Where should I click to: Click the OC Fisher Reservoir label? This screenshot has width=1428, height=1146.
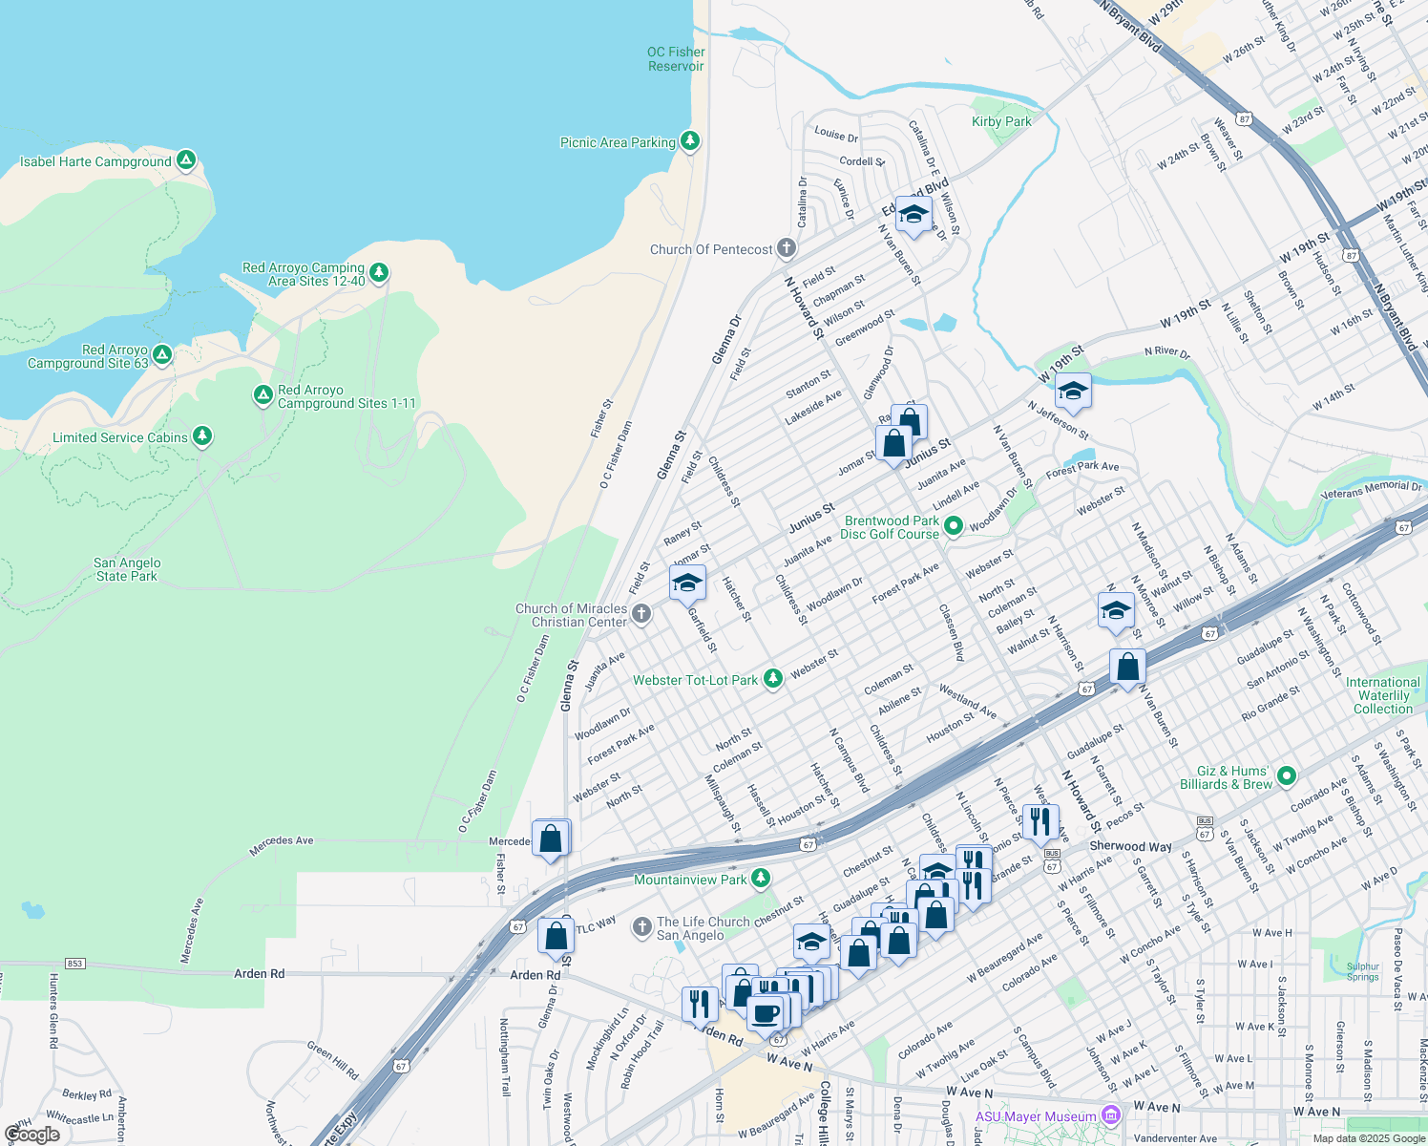click(676, 59)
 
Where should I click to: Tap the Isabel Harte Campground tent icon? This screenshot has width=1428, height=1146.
click(186, 160)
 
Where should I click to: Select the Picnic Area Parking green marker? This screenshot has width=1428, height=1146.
click(690, 141)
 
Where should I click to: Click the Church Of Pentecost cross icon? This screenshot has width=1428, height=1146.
click(786, 248)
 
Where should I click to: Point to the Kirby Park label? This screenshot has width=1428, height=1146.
click(1001, 121)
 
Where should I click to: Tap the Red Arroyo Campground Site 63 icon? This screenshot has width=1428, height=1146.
click(162, 355)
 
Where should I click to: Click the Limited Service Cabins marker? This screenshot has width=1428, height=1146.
click(201, 436)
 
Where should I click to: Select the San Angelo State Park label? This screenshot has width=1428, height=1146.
click(127, 569)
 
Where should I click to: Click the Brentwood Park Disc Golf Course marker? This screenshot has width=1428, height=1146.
click(953, 525)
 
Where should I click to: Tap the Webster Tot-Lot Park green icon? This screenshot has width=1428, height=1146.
click(772, 679)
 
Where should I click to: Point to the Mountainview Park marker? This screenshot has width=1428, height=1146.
click(760, 878)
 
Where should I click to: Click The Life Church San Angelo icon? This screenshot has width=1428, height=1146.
click(642, 926)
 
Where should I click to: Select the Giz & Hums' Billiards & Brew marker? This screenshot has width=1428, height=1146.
click(1286, 775)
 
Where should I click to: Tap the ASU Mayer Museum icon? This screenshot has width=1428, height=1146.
click(1110, 1114)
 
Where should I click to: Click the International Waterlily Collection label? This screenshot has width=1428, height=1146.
click(1382, 695)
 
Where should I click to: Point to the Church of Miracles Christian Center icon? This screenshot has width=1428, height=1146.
click(641, 614)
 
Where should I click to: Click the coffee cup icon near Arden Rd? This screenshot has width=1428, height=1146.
click(765, 1013)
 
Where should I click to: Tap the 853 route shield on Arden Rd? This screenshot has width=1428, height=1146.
click(75, 963)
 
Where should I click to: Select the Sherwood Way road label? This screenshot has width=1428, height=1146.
click(1130, 846)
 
